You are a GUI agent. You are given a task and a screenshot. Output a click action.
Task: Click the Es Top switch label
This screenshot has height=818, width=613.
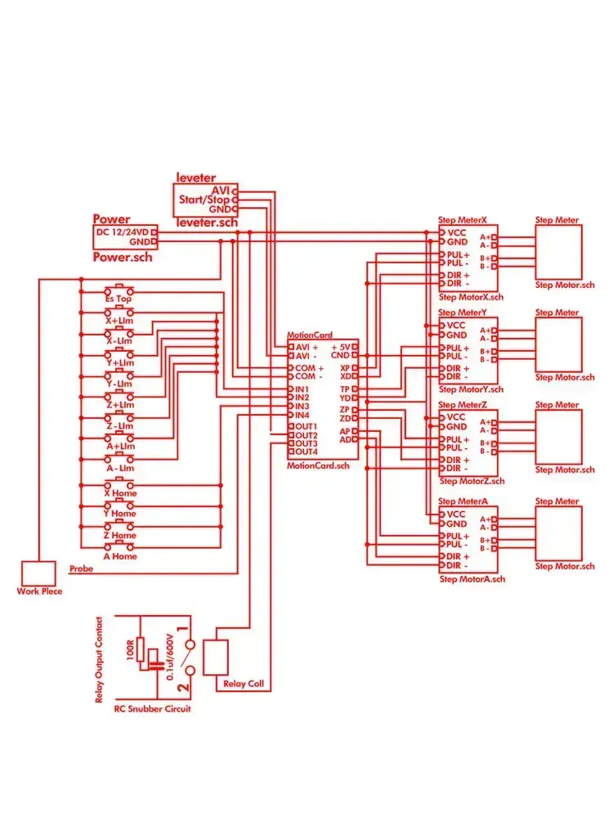[x=119, y=299]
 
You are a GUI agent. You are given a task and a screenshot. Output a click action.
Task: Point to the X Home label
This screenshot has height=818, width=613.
[x=119, y=493]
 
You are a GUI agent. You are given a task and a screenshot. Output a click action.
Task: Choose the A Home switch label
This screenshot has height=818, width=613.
[x=119, y=556]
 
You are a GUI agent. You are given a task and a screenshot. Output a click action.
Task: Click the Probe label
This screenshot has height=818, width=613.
[x=80, y=568]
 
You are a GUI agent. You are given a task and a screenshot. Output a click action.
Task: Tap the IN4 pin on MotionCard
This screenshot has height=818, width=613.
[x=302, y=416]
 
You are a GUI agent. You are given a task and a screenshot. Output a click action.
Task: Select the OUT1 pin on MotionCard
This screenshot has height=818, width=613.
[x=306, y=427]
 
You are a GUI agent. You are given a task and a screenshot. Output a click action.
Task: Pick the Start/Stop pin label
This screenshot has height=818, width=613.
[x=204, y=199]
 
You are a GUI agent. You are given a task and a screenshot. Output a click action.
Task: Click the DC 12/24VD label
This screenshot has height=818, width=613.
[x=123, y=232]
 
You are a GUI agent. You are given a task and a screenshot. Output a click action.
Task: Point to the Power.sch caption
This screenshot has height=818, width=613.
[x=123, y=257]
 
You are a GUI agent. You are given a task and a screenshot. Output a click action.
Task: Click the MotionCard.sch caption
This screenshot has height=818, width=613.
[x=318, y=465]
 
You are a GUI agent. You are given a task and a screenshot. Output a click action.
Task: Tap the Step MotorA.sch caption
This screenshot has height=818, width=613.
[x=472, y=578]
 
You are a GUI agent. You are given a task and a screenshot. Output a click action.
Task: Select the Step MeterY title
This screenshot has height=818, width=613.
[x=463, y=312]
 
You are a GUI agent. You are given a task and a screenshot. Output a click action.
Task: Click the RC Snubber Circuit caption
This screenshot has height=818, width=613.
[x=152, y=708]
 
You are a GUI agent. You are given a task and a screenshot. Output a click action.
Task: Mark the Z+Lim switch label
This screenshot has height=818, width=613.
[x=119, y=404]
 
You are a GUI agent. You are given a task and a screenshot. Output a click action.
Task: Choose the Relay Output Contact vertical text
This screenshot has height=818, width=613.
[x=100, y=658]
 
